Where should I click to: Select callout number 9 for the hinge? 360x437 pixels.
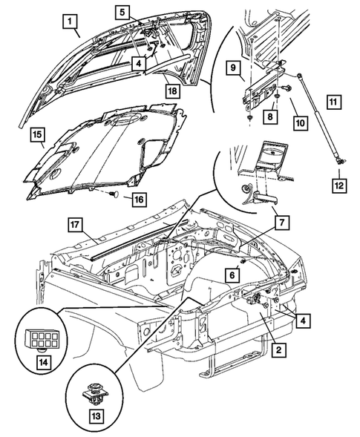pos(234,68)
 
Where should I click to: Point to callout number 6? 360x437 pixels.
pos(232,275)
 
